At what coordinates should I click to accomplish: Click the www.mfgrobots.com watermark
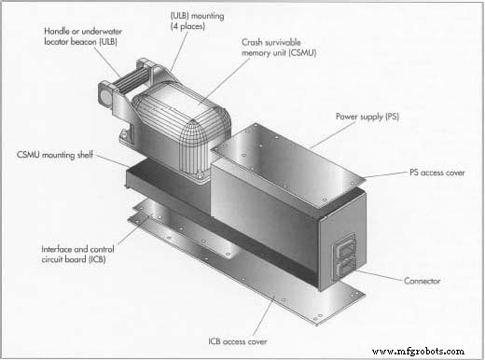420,351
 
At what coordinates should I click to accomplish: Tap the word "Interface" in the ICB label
56,249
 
